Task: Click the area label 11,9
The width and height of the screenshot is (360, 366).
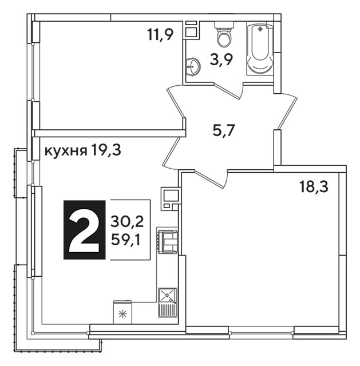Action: tap(160, 34)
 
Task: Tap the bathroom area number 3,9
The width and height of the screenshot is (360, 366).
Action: tap(221, 60)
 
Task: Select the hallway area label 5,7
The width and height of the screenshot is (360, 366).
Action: tap(223, 131)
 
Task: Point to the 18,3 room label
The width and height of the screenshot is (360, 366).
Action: tap(314, 186)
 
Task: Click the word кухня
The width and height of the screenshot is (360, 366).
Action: tap(66, 151)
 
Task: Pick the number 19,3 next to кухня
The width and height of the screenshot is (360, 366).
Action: tap(106, 150)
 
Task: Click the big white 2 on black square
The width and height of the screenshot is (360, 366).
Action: tap(85, 230)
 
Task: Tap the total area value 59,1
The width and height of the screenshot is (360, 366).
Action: tap(126, 240)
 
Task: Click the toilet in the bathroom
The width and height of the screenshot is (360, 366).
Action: tap(224, 34)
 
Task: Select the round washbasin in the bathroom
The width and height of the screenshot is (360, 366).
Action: tap(193, 66)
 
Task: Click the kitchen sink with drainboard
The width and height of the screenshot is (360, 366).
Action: tap(168, 303)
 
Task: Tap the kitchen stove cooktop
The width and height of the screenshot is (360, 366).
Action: tap(168, 241)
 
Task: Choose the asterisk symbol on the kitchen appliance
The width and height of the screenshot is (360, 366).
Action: tap(122, 314)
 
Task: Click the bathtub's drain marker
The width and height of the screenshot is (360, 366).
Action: tap(260, 29)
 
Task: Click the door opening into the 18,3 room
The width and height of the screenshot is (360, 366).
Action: tap(211, 179)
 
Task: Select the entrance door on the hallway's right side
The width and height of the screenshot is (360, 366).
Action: tap(287, 111)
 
